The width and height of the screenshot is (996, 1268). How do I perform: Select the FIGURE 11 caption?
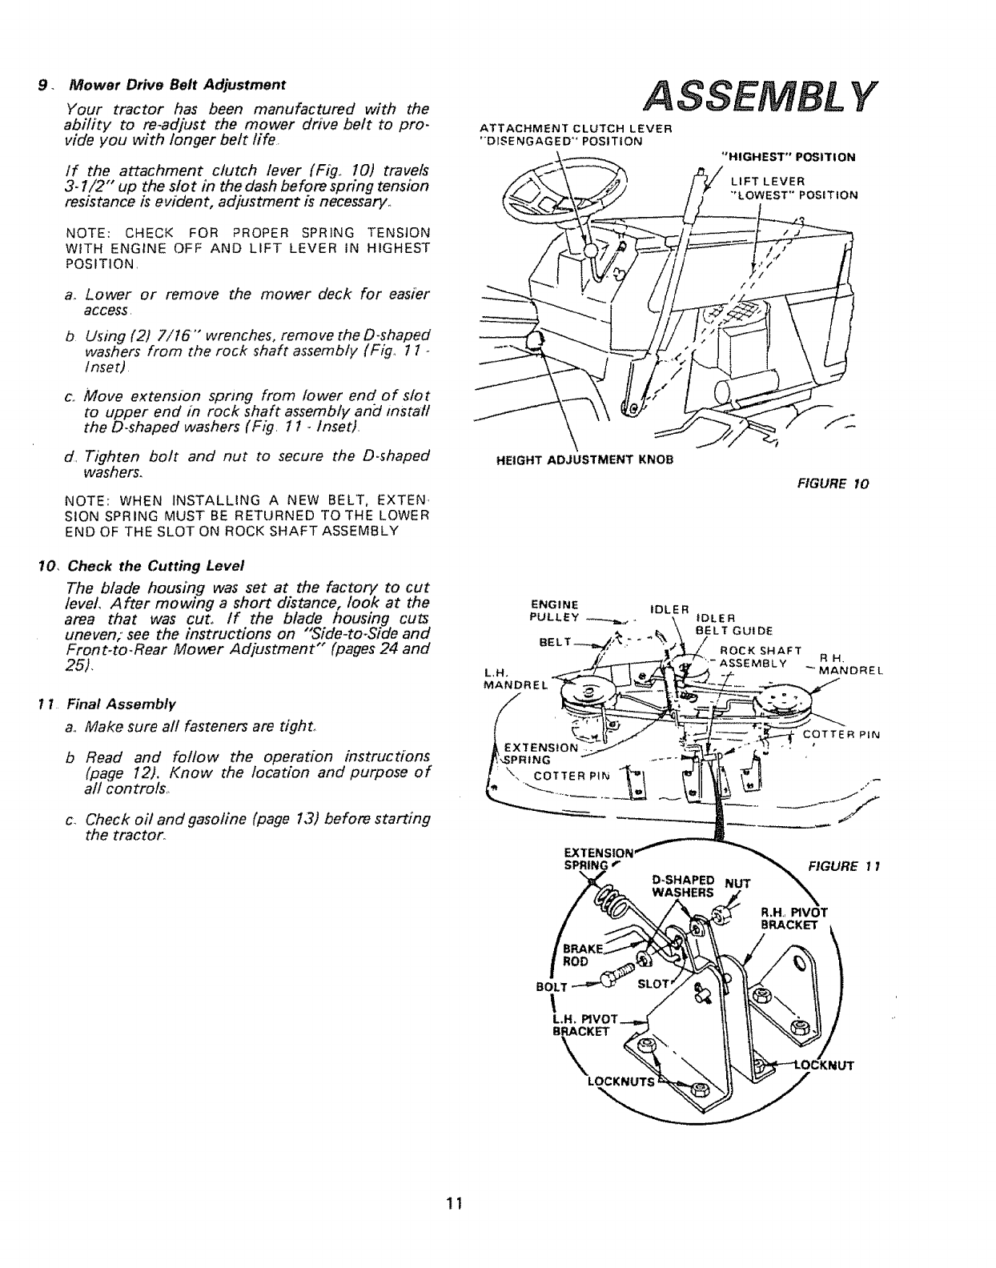[x=833, y=866]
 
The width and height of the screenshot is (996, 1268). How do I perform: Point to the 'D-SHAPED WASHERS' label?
[x=682, y=885]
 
